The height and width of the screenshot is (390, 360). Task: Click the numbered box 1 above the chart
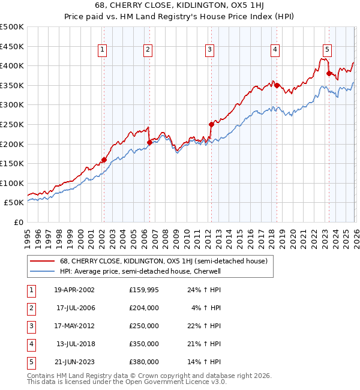tap(103, 50)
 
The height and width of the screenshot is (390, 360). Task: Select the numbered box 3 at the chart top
tap(209, 50)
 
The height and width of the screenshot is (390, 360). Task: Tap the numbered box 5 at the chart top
tap(327, 50)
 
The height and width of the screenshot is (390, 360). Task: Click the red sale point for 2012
tap(211, 124)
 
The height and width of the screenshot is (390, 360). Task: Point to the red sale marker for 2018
tap(277, 85)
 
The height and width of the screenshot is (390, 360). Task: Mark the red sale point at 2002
tap(104, 160)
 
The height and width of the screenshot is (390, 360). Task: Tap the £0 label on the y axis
tap(18, 222)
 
